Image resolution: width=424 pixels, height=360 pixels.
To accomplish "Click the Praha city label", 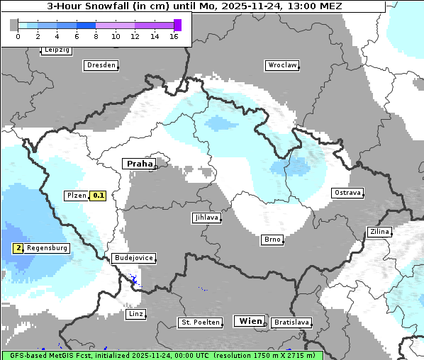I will pyautogui.click(x=139, y=164).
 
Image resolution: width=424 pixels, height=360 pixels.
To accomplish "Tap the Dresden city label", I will pyautogui.click(x=101, y=65).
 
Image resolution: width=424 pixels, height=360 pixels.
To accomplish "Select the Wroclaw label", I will pyautogui.click(x=281, y=65).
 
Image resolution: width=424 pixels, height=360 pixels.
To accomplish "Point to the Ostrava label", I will pyautogui.click(x=347, y=193).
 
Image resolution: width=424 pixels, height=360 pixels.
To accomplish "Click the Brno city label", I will pyautogui.click(x=272, y=240).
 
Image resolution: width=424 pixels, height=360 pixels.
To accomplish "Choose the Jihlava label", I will pyautogui.click(x=206, y=218).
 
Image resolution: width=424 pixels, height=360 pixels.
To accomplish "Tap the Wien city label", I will pyautogui.click(x=250, y=321).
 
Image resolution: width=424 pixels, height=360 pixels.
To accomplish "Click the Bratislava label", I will pyautogui.click(x=291, y=322).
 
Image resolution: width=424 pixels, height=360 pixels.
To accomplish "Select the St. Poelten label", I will pyautogui.click(x=196, y=322).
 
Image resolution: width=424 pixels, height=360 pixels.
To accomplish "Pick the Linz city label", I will pyautogui.click(x=135, y=314).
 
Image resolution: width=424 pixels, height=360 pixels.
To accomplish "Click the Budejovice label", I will pyautogui.click(x=133, y=258).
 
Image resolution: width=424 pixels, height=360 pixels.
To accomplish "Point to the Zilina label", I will pyautogui.click(x=379, y=232).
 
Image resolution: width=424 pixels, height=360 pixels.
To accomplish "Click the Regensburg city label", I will pyautogui.click(x=48, y=248).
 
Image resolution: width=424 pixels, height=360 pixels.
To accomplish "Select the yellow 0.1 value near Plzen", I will pyautogui.click(x=98, y=196).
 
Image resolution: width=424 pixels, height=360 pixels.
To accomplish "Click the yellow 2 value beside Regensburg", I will pyautogui.click(x=18, y=248).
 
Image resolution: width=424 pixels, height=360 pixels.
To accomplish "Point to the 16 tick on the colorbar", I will pyautogui.click(x=174, y=36).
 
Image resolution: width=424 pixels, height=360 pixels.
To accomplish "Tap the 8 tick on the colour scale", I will pyautogui.click(x=96, y=36).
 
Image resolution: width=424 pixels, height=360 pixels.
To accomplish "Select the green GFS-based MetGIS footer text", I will pyautogui.click(x=162, y=355).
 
